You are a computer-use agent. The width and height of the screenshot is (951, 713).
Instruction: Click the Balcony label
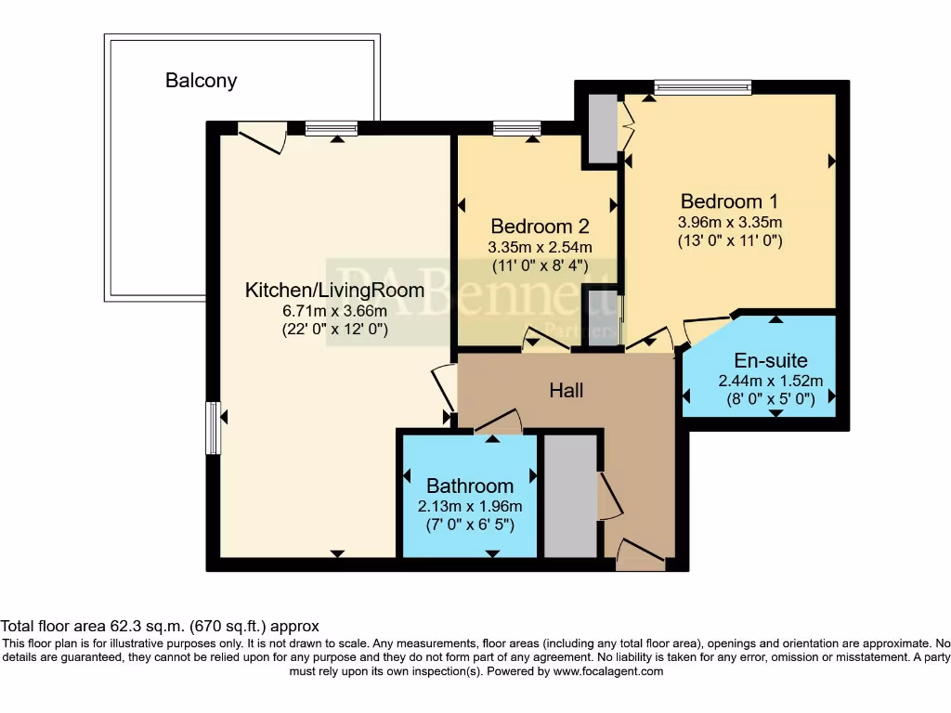[202, 81]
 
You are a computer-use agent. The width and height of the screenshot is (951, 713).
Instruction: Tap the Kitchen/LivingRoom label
[334, 290]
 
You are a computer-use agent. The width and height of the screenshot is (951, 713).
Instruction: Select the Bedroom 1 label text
[729, 201]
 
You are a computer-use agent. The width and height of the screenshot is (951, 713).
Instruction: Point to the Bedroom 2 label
[540, 227]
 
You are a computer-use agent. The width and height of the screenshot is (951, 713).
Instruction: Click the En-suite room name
[771, 361]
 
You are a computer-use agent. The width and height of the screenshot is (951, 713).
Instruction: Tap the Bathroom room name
[470, 486]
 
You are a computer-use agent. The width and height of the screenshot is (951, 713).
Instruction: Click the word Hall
[567, 391]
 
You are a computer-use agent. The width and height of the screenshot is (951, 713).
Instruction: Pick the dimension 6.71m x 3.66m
[334, 311]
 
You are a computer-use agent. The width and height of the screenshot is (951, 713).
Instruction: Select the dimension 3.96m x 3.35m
[730, 222]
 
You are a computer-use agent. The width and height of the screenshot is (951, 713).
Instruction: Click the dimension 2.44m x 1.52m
[771, 381]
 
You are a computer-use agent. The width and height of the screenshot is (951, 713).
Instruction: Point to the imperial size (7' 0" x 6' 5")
[470, 525]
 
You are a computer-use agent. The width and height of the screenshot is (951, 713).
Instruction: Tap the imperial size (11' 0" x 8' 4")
[540, 266]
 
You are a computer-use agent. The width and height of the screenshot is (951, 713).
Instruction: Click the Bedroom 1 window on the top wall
[702, 88]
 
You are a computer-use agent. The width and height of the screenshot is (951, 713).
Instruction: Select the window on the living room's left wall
[213, 427]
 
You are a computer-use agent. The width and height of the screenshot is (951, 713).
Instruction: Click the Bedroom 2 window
[516, 128]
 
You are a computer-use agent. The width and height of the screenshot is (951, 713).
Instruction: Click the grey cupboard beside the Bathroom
[571, 496]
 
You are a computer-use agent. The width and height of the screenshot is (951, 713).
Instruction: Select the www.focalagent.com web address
[608, 671]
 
